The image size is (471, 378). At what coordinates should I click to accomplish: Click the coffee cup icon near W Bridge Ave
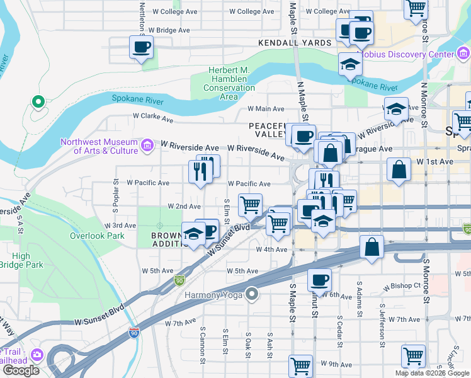(141, 47)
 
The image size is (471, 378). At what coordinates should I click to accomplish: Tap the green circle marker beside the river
(38, 101)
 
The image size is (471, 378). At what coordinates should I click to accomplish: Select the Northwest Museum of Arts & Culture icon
(147, 146)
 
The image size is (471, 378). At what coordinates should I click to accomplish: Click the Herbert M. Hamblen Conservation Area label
(229, 83)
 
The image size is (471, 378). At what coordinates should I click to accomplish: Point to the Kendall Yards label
(294, 43)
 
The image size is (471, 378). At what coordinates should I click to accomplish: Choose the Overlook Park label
(98, 236)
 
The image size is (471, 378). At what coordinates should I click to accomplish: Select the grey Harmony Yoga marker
(253, 294)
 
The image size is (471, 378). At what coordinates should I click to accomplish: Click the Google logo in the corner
(21, 370)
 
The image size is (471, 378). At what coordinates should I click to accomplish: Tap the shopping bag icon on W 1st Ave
(398, 169)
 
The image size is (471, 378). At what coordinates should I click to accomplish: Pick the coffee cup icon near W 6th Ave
(319, 279)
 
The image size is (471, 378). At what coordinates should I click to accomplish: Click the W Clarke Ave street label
(152, 117)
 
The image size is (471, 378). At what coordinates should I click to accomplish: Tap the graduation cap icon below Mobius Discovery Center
(349, 63)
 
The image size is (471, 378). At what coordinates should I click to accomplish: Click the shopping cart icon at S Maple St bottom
(300, 365)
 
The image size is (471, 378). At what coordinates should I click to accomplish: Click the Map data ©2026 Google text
(432, 373)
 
